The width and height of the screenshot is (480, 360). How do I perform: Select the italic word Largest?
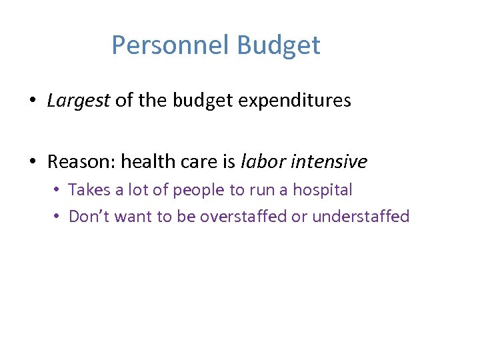(x=79, y=101)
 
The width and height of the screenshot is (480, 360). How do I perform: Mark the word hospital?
(x=322, y=190)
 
